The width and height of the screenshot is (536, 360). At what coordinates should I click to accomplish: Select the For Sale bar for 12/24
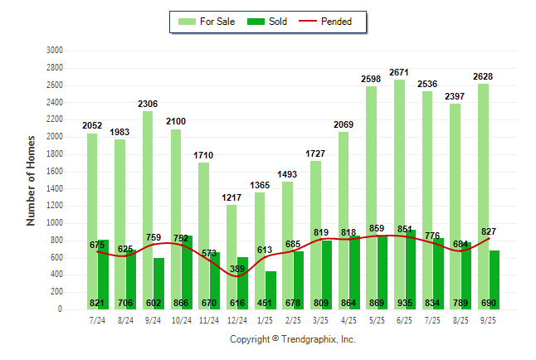[231, 257]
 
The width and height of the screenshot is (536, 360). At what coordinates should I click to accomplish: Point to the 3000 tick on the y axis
[55, 50]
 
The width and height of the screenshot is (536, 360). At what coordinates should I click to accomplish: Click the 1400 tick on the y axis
[55, 188]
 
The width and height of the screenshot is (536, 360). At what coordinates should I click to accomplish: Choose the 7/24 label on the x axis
[97, 319]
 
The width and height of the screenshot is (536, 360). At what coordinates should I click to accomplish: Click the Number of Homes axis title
[32, 180]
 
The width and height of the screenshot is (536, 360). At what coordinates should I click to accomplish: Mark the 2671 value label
[399, 72]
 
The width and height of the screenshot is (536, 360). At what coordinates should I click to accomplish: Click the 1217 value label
[231, 197]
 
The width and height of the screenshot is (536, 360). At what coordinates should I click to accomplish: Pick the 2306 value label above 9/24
[148, 104]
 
